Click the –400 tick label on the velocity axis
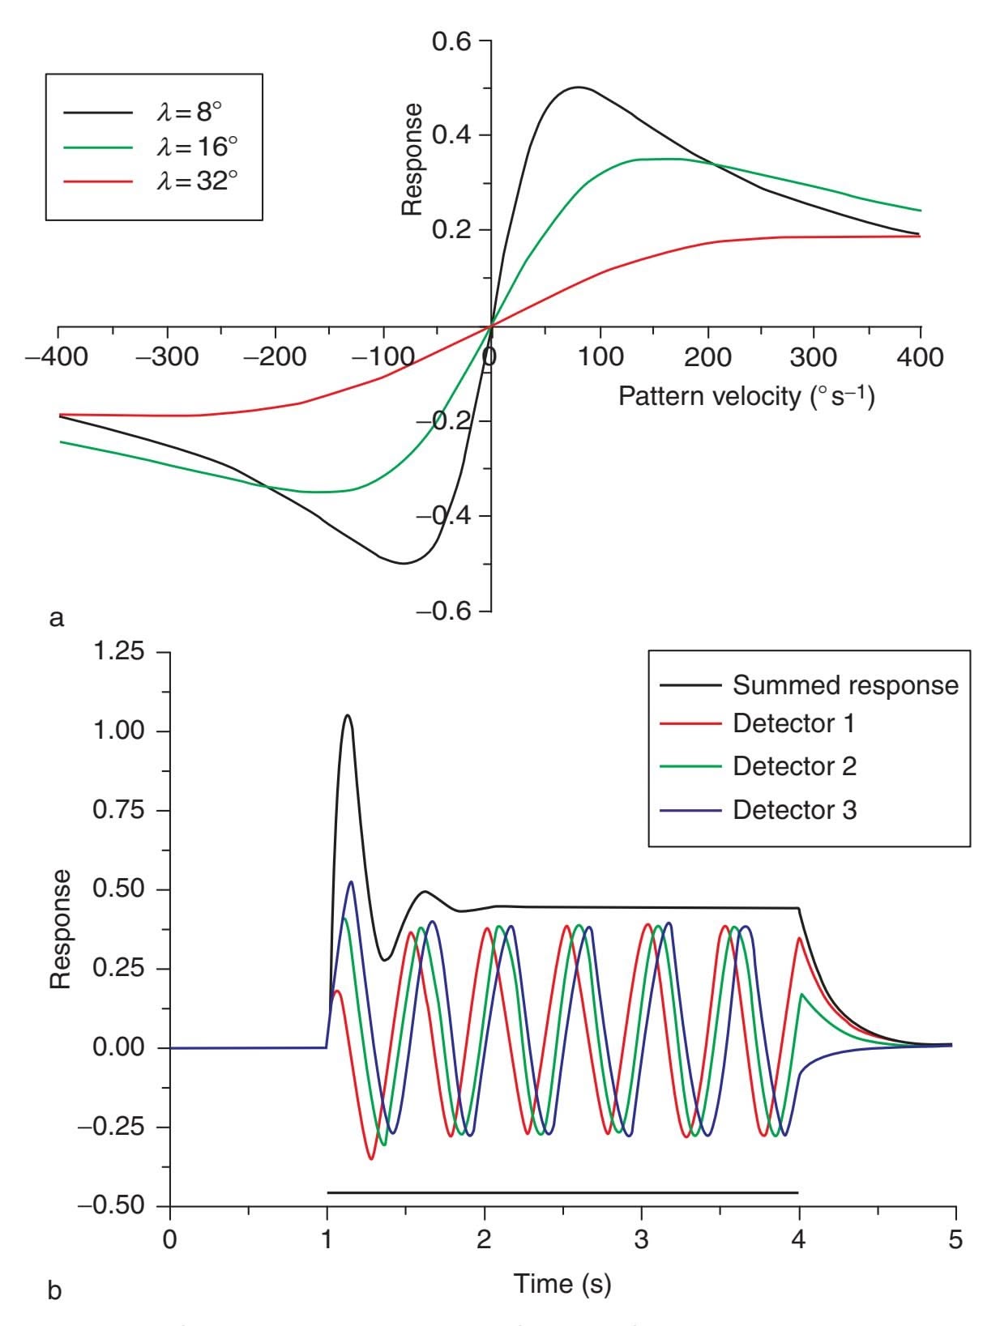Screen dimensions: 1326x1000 click(x=58, y=356)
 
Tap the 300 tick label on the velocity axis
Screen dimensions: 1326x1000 click(x=813, y=356)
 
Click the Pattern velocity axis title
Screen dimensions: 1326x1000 click(x=746, y=396)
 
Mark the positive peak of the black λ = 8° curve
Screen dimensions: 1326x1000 click(x=577, y=87)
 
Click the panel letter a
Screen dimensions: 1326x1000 click(x=56, y=618)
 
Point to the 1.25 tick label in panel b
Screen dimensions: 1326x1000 click(x=120, y=652)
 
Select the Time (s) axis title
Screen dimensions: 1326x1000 click(x=562, y=1283)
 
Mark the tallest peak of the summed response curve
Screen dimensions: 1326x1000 click(x=348, y=715)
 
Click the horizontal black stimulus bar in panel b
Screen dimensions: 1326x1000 click(x=562, y=1192)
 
